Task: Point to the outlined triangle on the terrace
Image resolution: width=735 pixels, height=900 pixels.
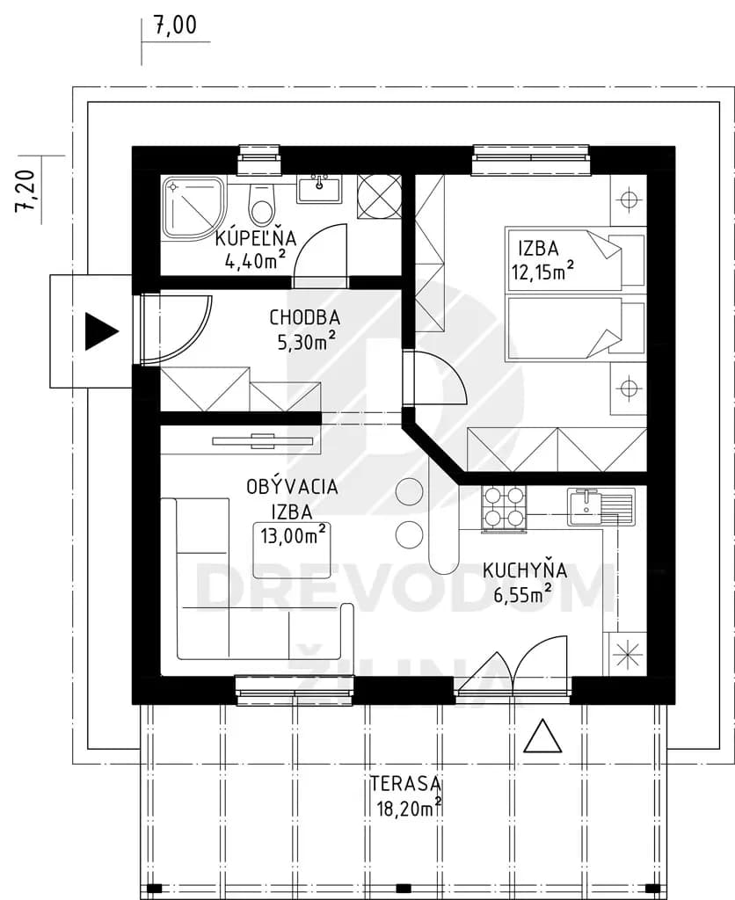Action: click(542, 736)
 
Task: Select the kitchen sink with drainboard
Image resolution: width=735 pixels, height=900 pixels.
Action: click(600, 507)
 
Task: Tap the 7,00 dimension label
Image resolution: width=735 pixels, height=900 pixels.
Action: click(175, 25)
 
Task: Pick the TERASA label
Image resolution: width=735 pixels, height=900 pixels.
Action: click(406, 783)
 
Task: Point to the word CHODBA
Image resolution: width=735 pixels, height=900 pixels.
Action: click(305, 317)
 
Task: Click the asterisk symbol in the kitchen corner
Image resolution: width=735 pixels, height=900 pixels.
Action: click(625, 654)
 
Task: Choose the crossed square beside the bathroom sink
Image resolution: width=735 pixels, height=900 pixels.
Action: click(379, 196)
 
